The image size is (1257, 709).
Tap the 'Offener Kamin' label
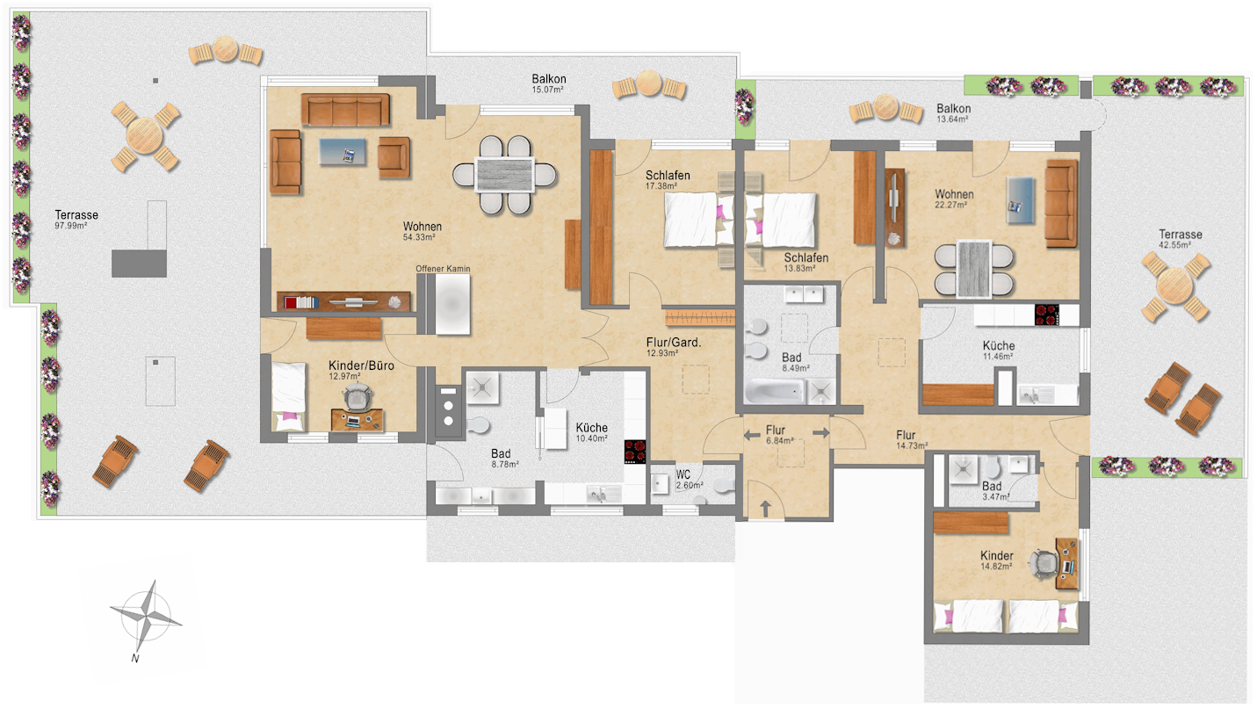[x=443, y=269]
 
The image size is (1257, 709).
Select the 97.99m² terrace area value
[x=70, y=226]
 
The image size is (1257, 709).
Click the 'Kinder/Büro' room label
[x=361, y=365]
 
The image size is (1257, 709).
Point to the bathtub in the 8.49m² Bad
[x=775, y=391]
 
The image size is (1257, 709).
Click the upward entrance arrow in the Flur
[x=765, y=509]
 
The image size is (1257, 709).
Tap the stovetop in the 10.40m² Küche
[x=635, y=452]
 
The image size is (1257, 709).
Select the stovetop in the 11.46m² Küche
[x=1047, y=315]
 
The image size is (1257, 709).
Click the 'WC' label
[x=683, y=475]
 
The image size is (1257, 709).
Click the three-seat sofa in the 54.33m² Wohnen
[x=345, y=110]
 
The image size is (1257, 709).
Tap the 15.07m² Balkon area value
[x=548, y=90]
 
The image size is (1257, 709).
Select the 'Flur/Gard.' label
[x=674, y=342]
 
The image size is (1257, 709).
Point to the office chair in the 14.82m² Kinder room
[x=1044, y=564]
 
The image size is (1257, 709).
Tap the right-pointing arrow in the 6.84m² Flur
[x=821, y=433]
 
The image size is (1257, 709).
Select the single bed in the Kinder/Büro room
[x=289, y=397]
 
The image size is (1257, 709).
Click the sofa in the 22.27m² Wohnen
[x=1061, y=204]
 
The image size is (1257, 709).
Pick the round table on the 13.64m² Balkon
[x=885, y=107]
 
